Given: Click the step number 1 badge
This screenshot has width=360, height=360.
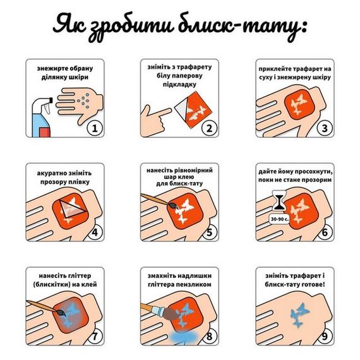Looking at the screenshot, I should coord(94,129).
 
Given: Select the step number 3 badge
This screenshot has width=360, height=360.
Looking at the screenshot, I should coord(324,129).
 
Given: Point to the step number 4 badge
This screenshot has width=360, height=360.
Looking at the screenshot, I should coord(94,232).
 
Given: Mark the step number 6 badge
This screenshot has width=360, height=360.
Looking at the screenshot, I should coord(324,232).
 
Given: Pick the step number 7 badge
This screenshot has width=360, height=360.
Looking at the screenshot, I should coord(94,335).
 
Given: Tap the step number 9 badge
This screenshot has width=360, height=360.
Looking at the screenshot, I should coord(324,335).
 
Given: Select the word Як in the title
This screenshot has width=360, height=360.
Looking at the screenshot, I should coord(69,25).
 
